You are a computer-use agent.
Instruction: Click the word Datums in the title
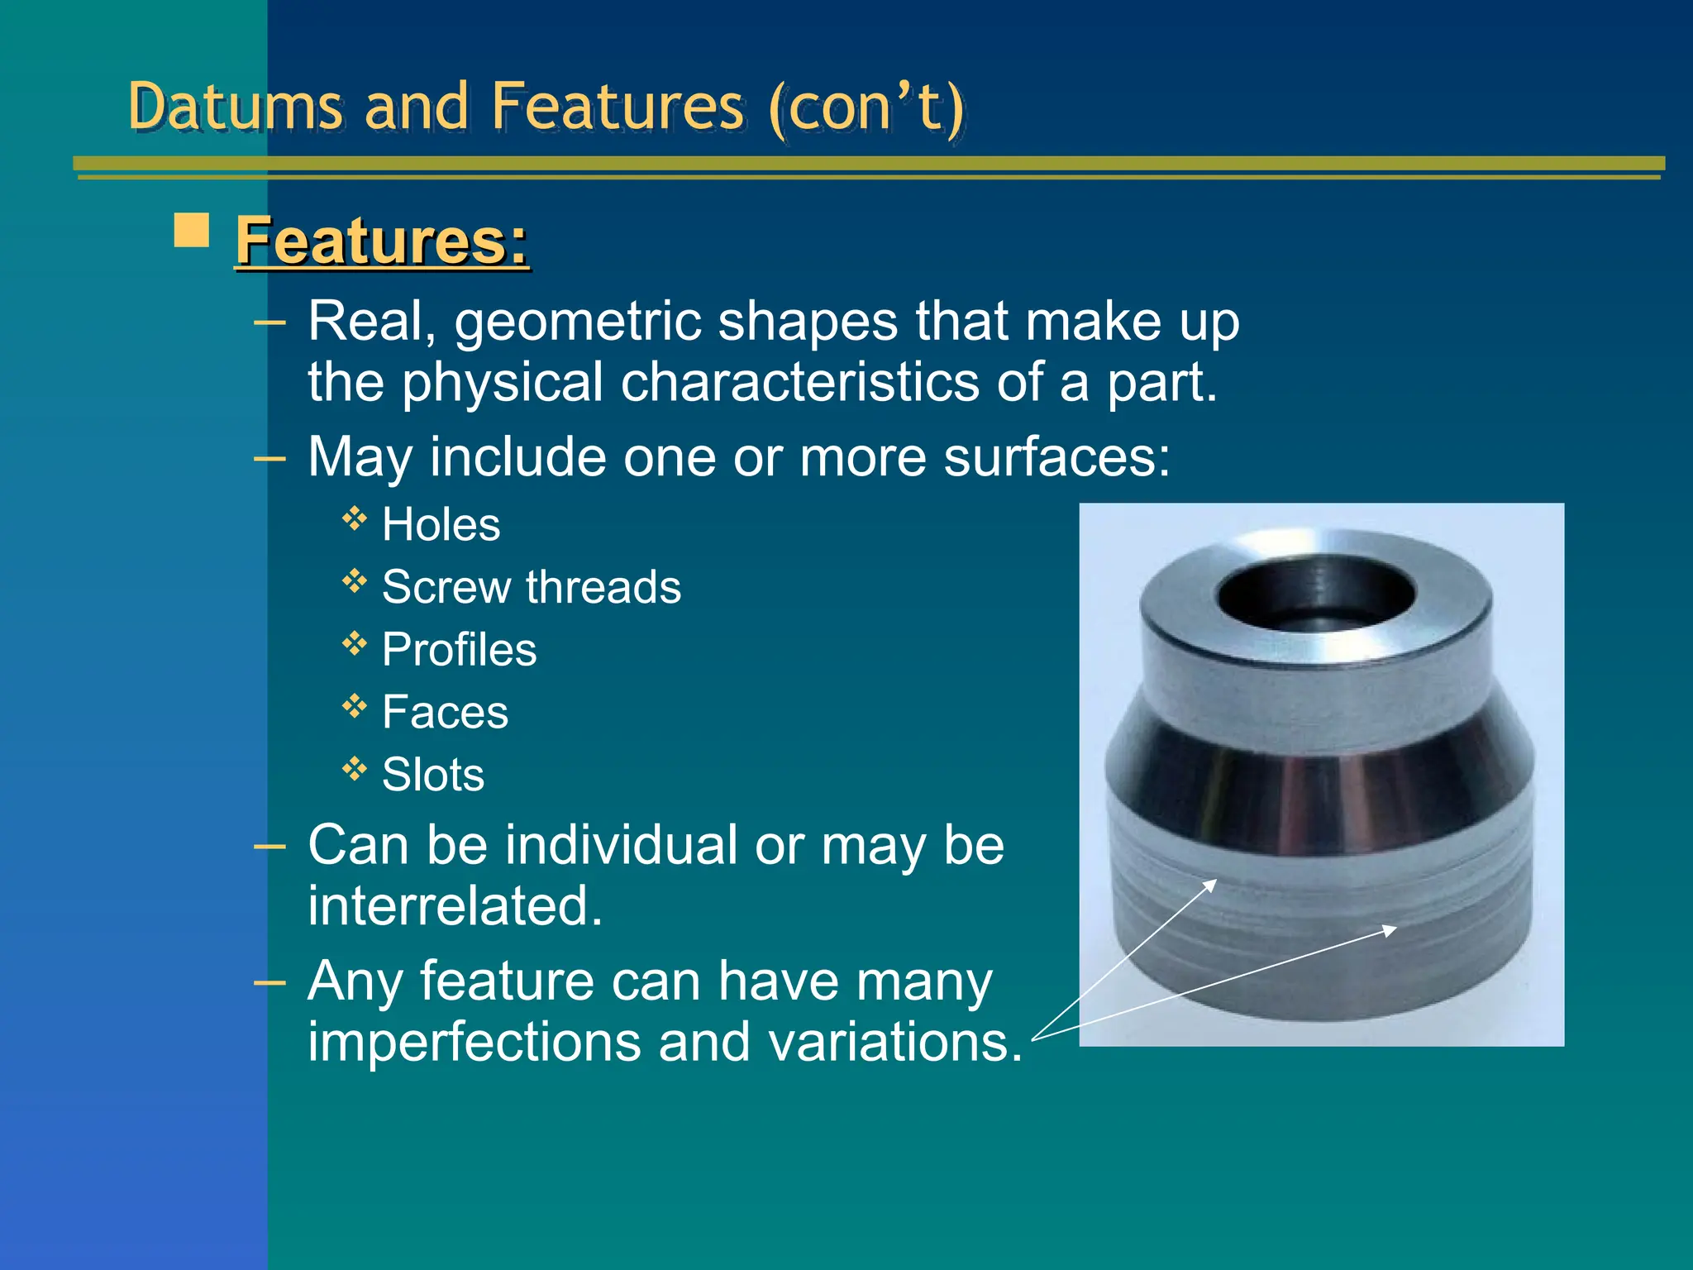235,107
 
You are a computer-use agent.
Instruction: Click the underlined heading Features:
382,241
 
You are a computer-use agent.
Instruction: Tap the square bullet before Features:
192,231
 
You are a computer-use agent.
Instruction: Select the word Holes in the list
441,525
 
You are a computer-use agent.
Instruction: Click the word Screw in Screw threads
446,588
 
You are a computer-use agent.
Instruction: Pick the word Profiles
459,650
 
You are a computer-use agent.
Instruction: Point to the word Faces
445,713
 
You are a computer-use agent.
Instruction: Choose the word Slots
432,776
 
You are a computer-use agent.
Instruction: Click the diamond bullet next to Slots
355,769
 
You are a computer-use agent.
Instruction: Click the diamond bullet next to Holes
355,518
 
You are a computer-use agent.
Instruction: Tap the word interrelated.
455,906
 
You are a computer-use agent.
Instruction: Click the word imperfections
475,1042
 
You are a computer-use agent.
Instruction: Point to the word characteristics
799,383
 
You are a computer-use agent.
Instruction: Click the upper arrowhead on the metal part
1211,884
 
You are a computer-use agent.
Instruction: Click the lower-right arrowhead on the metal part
1390,930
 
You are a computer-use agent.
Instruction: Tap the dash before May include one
269,457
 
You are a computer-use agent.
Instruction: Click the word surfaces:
1056,457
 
